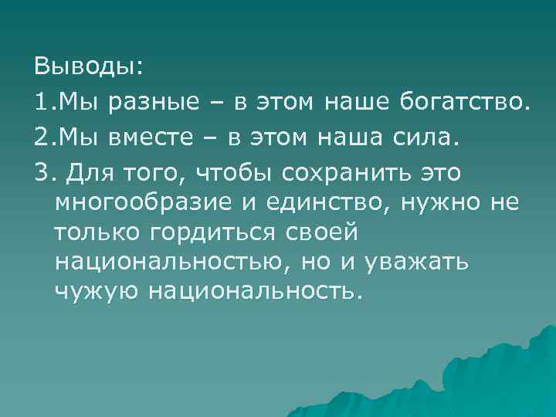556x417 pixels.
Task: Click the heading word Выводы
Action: point(88,66)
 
